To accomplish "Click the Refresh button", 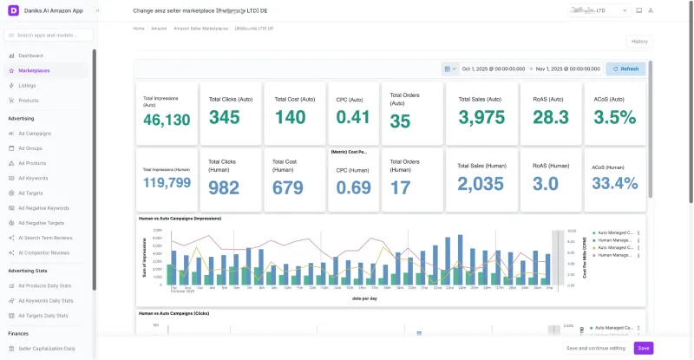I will click(625, 69).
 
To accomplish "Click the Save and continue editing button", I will click(595, 348).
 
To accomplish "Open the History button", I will click(638, 42).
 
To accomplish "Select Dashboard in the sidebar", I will click(30, 56).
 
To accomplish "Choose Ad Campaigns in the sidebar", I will click(35, 134).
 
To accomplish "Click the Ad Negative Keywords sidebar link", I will click(43, 208).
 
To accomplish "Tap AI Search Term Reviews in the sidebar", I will click(45, 237).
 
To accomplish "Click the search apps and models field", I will click(49, 36).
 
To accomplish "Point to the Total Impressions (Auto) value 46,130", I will click(167, 120).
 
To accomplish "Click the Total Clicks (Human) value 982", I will click(224, 187).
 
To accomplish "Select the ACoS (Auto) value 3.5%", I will click(614, 117).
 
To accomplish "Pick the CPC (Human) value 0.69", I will click(353, 187).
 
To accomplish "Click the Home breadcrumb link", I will click(139, 29).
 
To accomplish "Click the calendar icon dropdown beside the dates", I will click(449, 69).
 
